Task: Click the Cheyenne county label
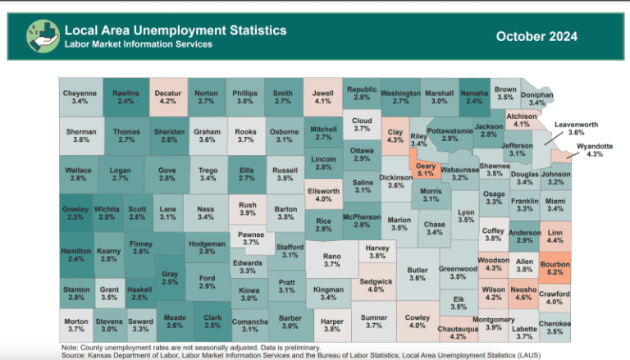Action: click(x=80, y=98)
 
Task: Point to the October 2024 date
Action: click(x=536, y=36)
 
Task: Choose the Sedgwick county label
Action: click(x=376, y=285)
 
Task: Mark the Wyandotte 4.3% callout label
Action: click(x=595, y=150)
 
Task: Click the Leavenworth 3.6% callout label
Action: click(x=576, y=128)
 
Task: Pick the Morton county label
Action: click(x=76, y=325)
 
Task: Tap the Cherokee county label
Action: click(x=555, y=327)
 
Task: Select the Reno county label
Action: click(x=331, y=261)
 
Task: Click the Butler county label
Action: click(x=418, y=274)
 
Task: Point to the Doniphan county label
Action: click(x=537, y=99)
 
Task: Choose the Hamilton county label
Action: click(x=76, y=254)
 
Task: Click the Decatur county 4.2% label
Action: click(x=168, y=98)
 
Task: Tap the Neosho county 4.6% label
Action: click(x=523, y=294)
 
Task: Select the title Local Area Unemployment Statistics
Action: click(x=176, y=30)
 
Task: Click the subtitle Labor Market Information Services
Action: click(x=139, y=44)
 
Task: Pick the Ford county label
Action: click(x=207, y=283)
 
